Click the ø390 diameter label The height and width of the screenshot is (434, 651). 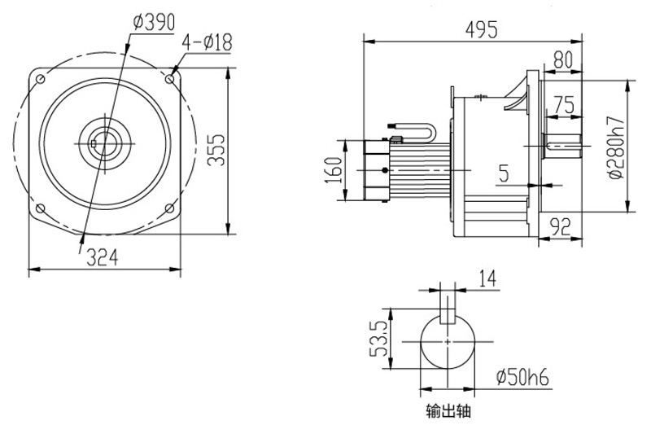pos(153,23)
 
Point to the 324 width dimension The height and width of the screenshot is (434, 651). pos(103,257)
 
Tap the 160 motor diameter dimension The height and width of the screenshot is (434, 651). pos(335,170)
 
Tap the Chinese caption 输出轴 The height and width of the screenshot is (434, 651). pos(448,412)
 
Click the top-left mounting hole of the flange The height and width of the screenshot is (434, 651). pos(38,78)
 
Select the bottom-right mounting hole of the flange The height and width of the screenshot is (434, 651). pos(168,208)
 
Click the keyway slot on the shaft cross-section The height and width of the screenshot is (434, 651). pos(448,315)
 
